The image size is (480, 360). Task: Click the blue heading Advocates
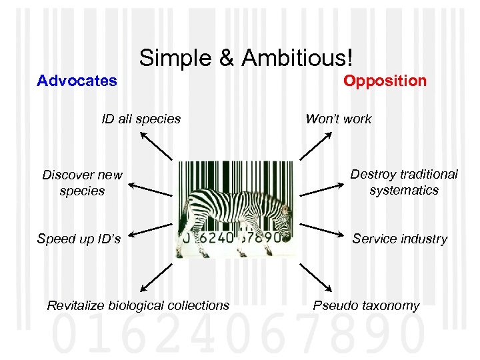coord(77,81)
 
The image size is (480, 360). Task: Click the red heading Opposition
coord(385,81)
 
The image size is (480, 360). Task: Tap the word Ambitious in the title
coord(296,59)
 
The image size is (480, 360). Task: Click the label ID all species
coord(141,119)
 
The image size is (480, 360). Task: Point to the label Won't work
coord(338,119)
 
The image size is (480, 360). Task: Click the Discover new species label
coord(82,183)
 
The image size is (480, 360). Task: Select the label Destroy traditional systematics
coord(404,182)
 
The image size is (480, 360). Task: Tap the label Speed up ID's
coord(79,239)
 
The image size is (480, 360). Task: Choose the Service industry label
coord(400,239)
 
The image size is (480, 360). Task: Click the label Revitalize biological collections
coord(138,305)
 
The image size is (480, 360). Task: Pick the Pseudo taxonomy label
coord(367,305)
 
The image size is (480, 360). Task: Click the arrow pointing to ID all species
coord(155,145)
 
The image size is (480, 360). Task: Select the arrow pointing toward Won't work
coord(316,145)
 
